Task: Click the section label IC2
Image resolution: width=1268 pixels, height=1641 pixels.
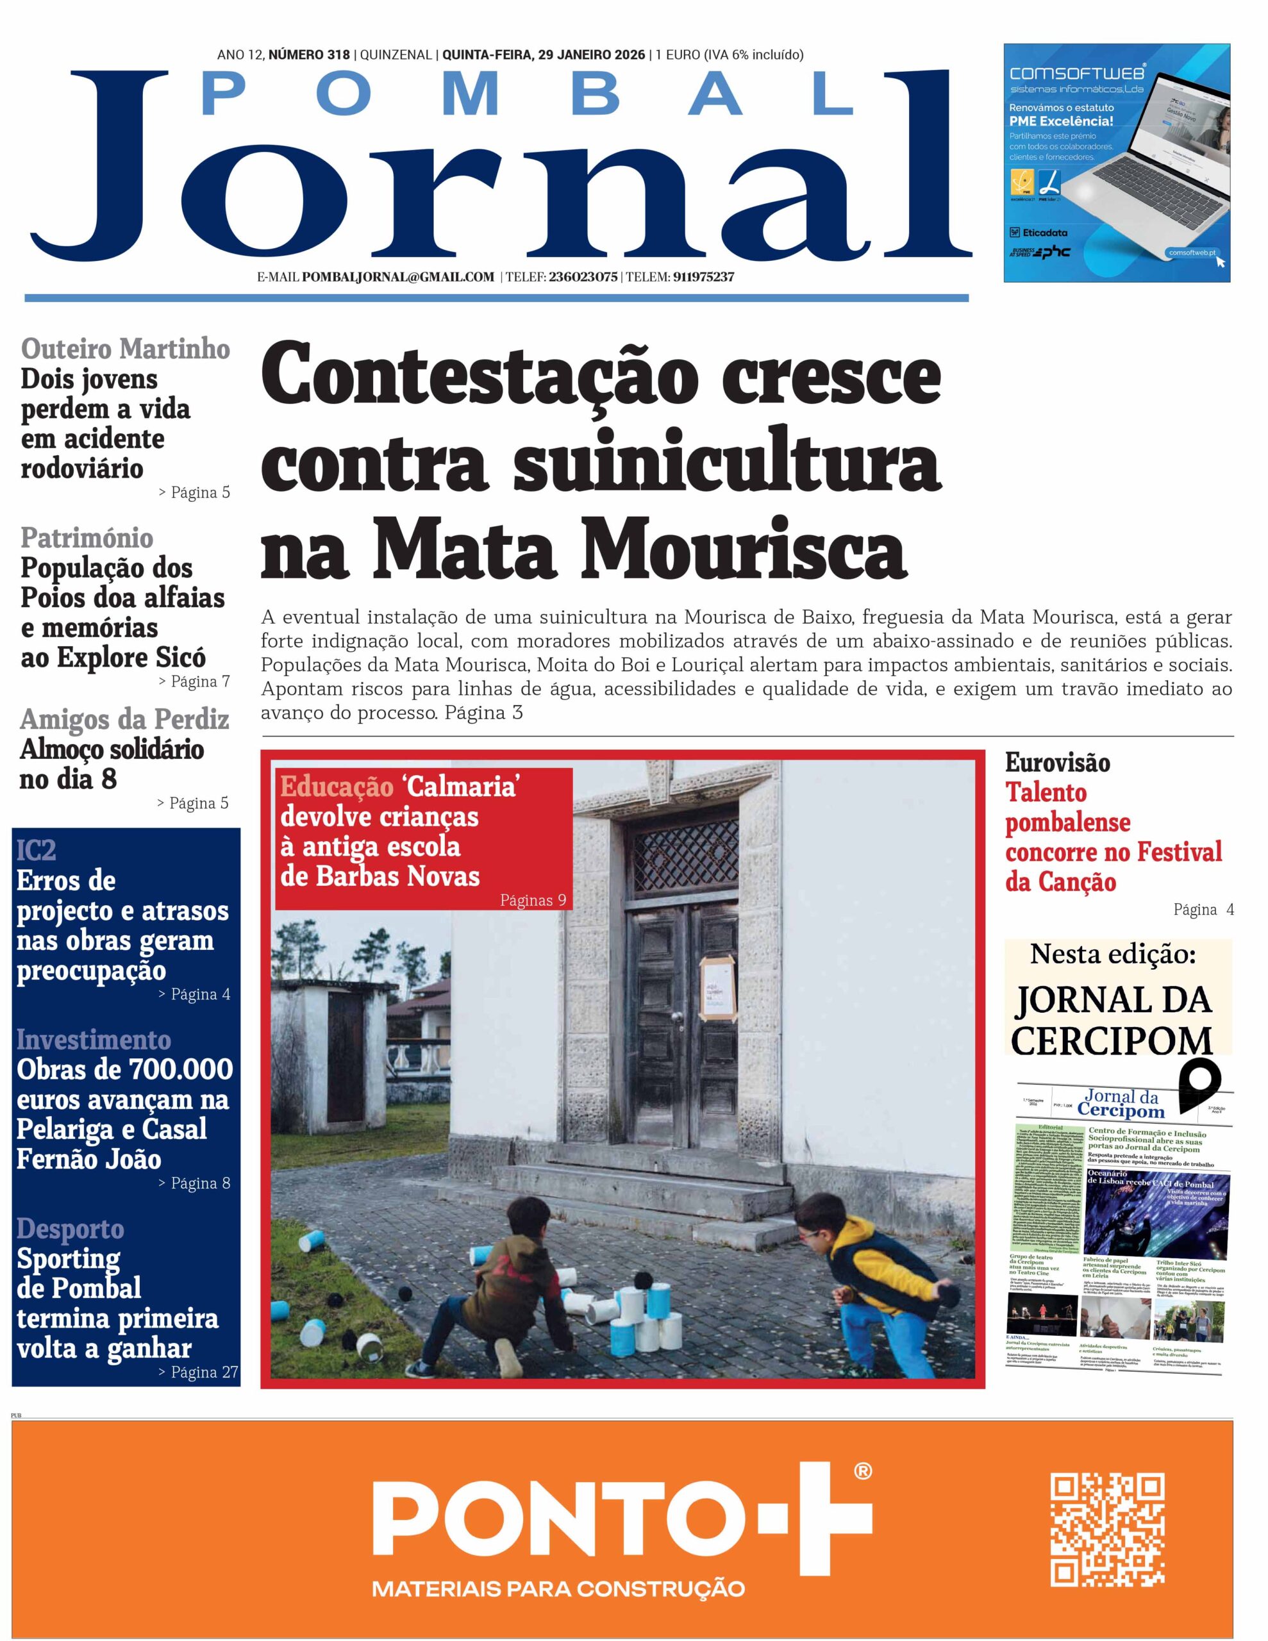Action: tap(36, 850)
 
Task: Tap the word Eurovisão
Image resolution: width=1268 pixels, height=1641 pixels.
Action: tap(1057, 763)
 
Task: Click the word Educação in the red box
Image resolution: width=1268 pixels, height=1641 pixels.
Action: tap(337, 786)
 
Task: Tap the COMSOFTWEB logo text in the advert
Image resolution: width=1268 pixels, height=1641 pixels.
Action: tap(1076, 73)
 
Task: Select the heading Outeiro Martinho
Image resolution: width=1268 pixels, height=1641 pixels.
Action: tap(126, 349)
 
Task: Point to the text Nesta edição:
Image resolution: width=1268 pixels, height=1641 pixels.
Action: tap(1112, 955)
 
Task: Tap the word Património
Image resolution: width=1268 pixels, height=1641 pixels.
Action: tap(87, 538)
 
